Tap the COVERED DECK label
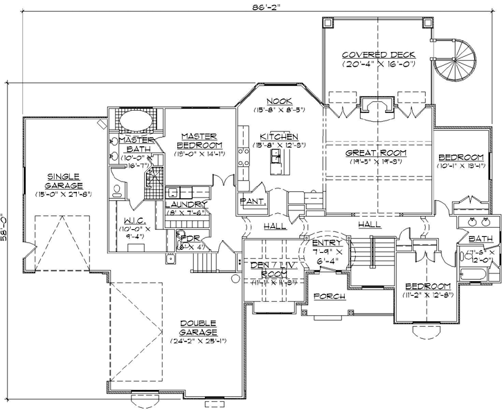click(378, 55)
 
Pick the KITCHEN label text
click(279, 136)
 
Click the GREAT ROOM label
click(378, 152)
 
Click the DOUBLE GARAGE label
click(198, 327)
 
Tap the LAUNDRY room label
click(186, 204)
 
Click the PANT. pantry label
click(249, 200)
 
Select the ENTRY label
click(323, 244)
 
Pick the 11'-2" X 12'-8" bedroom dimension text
click(429, 295)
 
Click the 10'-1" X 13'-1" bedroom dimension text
click(461, 166)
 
